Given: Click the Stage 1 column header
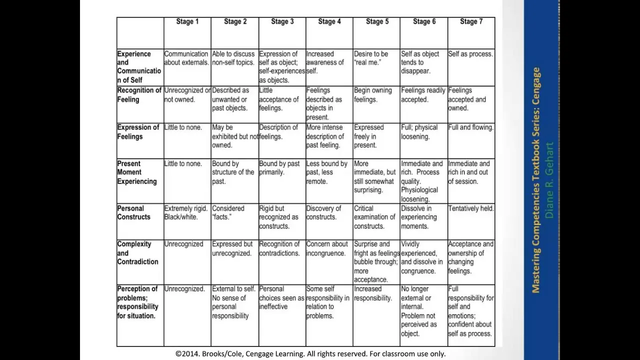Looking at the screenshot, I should [187, 21].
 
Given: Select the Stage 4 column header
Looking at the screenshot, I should [329, 21].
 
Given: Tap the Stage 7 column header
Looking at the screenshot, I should [471, 21].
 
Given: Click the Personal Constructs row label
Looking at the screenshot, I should [134, 212].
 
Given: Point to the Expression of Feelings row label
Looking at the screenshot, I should [138, 132].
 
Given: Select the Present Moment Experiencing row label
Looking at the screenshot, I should [137, 172].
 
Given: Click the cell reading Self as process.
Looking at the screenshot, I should [470, 54].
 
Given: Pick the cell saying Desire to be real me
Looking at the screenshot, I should [371, 58].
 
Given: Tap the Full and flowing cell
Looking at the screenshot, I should [470, 127].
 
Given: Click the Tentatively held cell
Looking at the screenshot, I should [470, 208].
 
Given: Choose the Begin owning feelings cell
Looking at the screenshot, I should [372, 95].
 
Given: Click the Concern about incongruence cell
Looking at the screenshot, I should [327, 248].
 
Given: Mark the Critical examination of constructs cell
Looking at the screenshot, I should [374, 217].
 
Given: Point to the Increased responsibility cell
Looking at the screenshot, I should [373, 293].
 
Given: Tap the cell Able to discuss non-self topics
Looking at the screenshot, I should [233, 58].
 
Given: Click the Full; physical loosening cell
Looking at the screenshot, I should [419, 132].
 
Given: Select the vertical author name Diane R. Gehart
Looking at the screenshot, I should [549, 180].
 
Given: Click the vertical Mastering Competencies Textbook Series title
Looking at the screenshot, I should [536, 180].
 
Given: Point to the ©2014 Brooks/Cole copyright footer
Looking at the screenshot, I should [310, 353].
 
